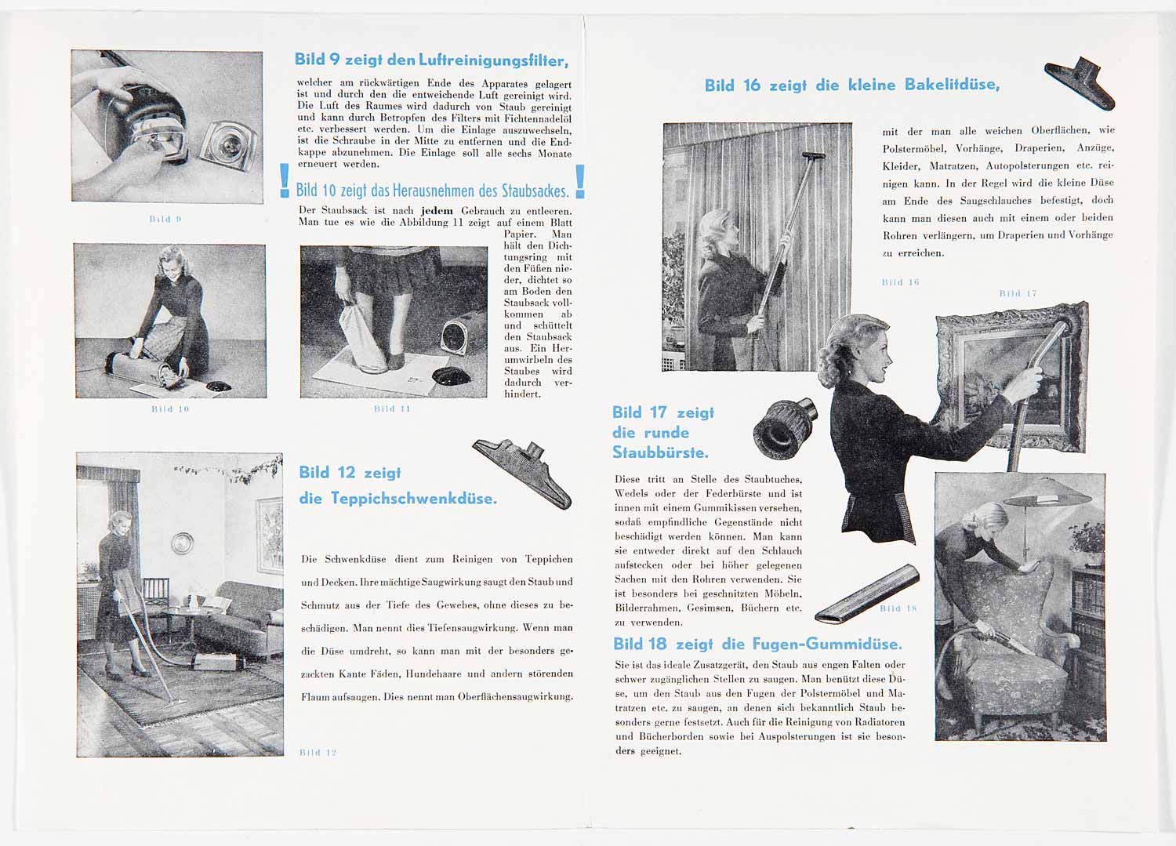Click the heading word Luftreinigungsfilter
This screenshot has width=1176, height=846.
[x=492, y=60]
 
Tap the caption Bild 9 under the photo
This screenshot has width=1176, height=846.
[x=165, y=219]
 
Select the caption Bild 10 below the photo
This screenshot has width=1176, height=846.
[x=170, y=409]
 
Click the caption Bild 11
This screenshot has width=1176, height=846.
[x=392, y=408]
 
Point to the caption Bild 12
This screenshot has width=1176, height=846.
[x=318, y=753]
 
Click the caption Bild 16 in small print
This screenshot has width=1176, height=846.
[x=900, y=282]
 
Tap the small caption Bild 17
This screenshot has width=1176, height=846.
[x=1018, y=294]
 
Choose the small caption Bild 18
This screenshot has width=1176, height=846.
[x=898, y=608]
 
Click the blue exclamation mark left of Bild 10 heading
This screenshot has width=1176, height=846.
[x=285, y=181]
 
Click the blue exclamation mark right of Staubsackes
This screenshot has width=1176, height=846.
[x=580, y=181]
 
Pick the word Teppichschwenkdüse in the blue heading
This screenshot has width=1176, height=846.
[x=413, y=499]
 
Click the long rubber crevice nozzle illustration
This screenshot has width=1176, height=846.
[x=866, y=594]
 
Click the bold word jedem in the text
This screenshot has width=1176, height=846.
[x=437, y=211]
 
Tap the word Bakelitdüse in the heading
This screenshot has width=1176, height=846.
[x=952, y=85]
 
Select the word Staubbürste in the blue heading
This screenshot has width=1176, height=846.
[x=660, y=453]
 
